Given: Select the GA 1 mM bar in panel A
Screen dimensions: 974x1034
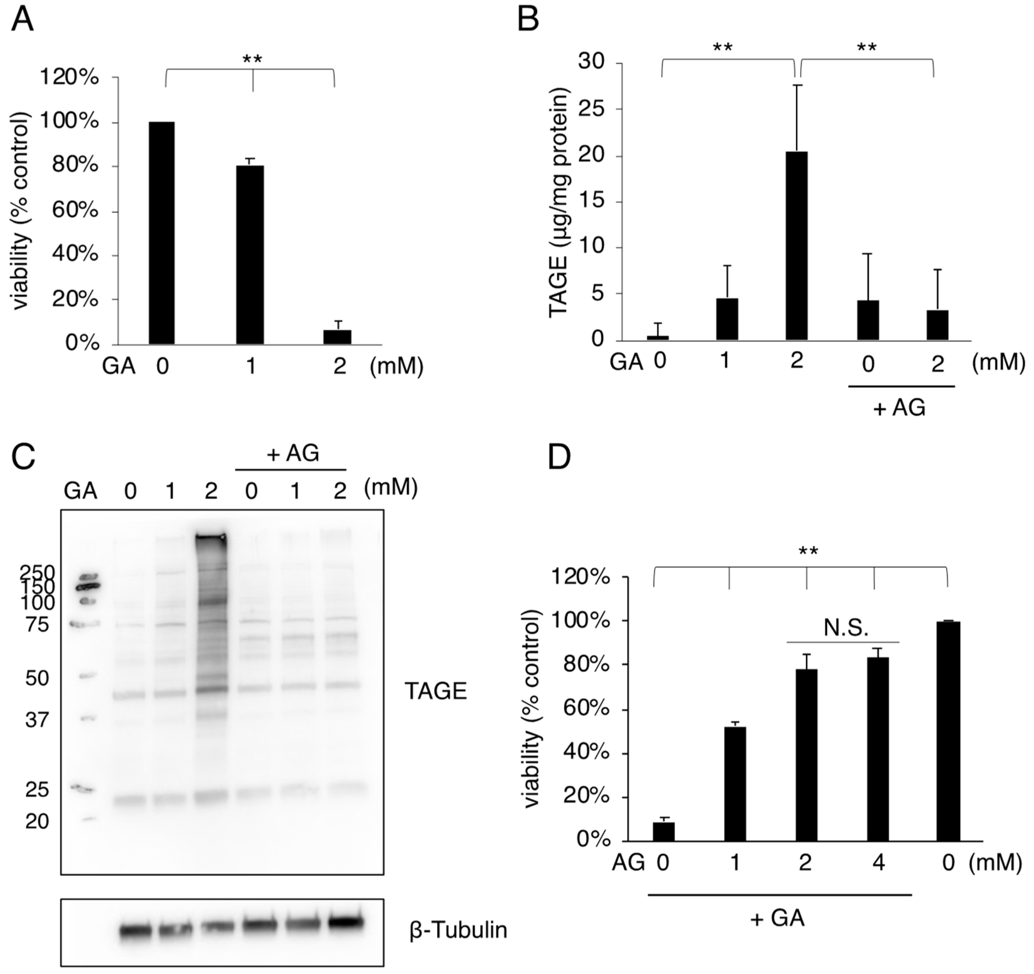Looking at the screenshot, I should point(250,255).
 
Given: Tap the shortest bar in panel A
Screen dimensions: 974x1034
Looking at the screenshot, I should point(337,337).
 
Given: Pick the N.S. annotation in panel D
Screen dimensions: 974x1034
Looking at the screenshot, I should point(846,629).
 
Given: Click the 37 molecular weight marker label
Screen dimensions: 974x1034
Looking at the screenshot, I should point(37,721).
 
